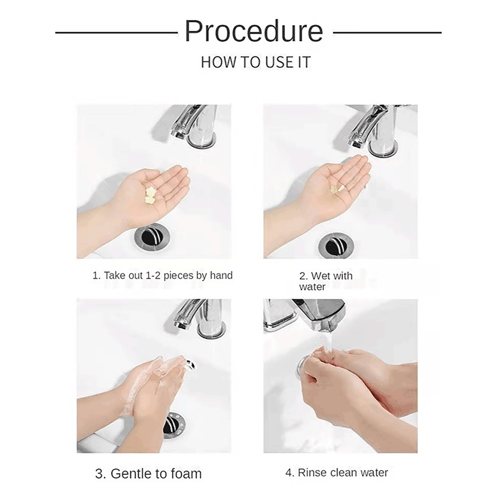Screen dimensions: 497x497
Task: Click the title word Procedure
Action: pos(254,31)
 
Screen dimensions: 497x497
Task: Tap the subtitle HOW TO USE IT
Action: pos(256,62)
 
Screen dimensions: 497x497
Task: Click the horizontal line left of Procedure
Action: pos(116,32)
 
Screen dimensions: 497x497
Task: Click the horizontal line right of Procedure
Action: pos(387,32)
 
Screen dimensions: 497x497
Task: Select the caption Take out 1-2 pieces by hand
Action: pos(162,276)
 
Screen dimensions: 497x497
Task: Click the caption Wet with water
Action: pos(326,281)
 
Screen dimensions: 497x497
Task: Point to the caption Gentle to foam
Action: pos(148,474)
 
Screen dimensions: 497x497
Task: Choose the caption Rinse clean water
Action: pos(337,472)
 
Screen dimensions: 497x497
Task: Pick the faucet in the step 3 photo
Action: pos(200,318)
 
